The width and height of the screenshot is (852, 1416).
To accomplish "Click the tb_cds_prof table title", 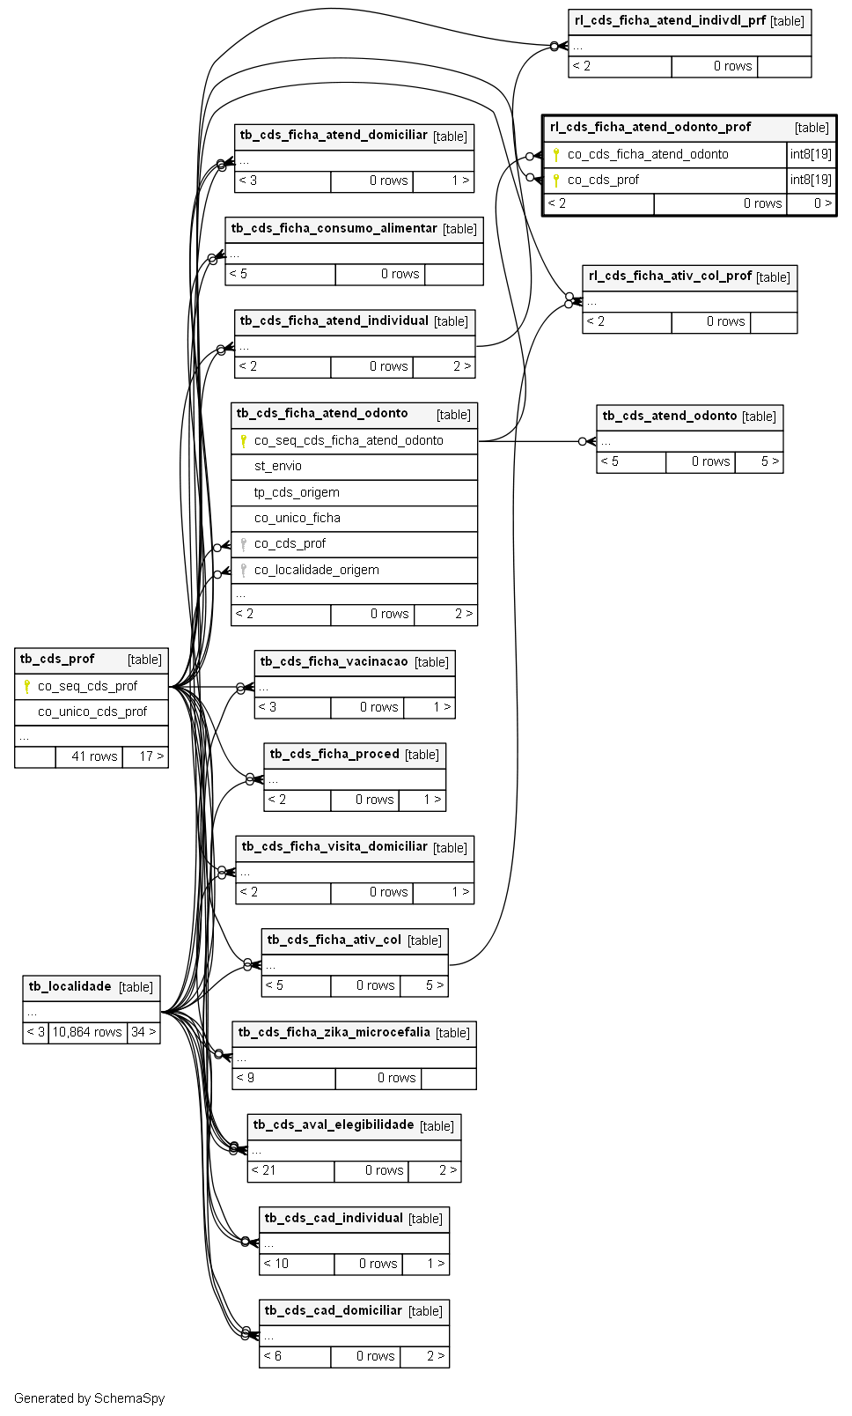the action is pyautogui.click(x=57, y=659).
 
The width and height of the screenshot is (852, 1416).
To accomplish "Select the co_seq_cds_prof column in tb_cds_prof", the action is pyautogui.click(x=87, y=686).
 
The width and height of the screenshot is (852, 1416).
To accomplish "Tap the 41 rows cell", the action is pyautogui.click(x=94, y=756).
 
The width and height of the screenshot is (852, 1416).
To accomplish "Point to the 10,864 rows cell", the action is pyautogui.click(x=87, y=1032).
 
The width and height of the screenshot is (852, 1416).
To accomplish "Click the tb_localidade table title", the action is pyautogui.click(x=70, y=986).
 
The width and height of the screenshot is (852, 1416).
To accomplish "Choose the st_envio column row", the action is pyautogui.click(x=278, y=466).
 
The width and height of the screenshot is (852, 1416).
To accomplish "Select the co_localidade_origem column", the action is pyautogui.click(x=317, y=570).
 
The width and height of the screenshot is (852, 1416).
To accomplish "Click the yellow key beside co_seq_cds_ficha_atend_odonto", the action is pyautogui.click(x=243, y=440).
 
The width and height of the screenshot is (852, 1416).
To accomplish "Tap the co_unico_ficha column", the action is pyautogui.click(x=297, y=518).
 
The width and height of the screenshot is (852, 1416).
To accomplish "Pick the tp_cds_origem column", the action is pyautogui.click(x=297, y=491).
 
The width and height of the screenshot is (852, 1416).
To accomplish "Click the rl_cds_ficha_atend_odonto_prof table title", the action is pyautogui.click(x=650, y=127).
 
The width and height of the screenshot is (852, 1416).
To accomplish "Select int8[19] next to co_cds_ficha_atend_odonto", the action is pyautogui.click(x=811, y=154).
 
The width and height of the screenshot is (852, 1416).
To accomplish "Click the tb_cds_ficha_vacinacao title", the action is pyautogui.click(x=334, y=662).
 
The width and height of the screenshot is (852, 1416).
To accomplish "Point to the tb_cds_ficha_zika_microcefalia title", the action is pyautogui.click(x=334, y=1032).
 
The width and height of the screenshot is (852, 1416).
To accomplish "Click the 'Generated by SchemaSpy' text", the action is pyautogui.click(x=89, y=1398).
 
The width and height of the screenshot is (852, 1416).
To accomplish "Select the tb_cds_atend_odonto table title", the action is pyautogui.click(x=669, y=416).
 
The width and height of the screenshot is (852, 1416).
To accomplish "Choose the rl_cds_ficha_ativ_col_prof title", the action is pyautogui.click(x=670, y=277).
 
